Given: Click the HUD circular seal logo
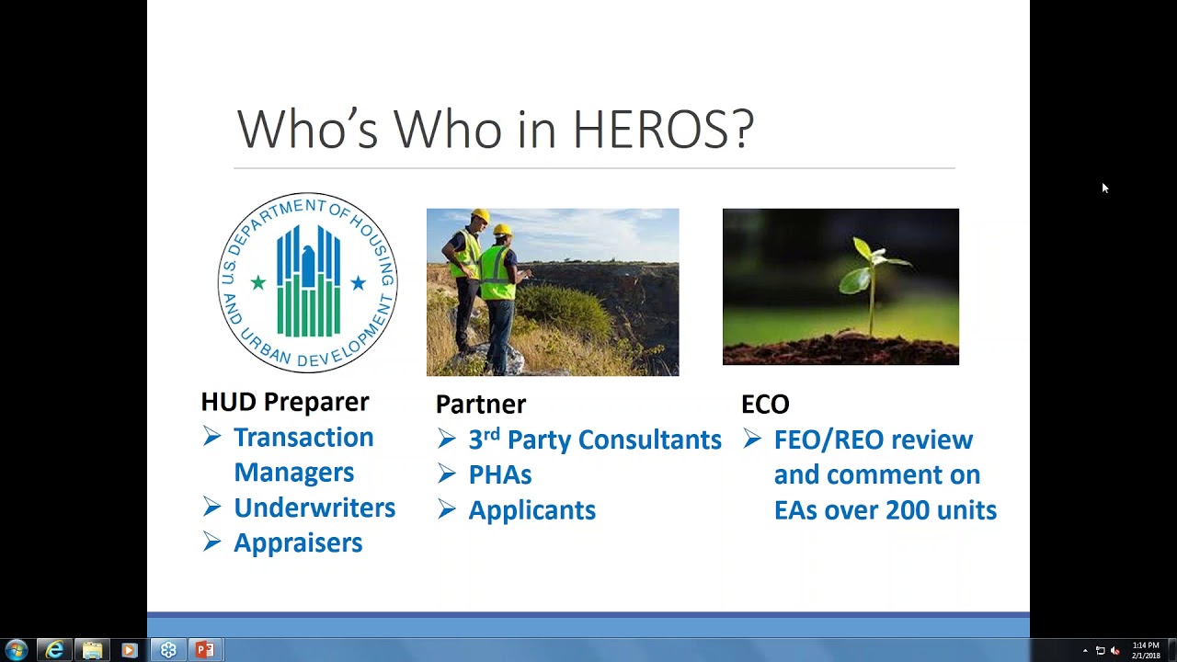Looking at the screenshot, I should click(307, 282).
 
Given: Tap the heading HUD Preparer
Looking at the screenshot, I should click(285, 402).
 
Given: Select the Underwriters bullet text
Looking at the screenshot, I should click(314, 508).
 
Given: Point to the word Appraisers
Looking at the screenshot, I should click(298, 542).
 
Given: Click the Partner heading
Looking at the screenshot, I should click(481, 404).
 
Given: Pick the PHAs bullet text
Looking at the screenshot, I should click(500, 474).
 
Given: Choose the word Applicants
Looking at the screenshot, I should click(532, 510).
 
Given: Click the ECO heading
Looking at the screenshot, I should click(765, 404).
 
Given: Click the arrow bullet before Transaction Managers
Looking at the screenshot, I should click(212, 438).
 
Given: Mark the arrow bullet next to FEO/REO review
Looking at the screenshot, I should click(752, 439).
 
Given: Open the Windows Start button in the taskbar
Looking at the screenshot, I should click(17, 650).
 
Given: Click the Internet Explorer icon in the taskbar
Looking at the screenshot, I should click(54, 650).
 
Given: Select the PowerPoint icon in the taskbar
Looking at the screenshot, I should click(205, 650).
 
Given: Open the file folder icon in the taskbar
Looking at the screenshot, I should click(92, 650).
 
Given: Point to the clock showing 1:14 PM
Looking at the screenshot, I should click(1146, 645).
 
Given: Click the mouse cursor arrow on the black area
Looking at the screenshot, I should click(1104, 188).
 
